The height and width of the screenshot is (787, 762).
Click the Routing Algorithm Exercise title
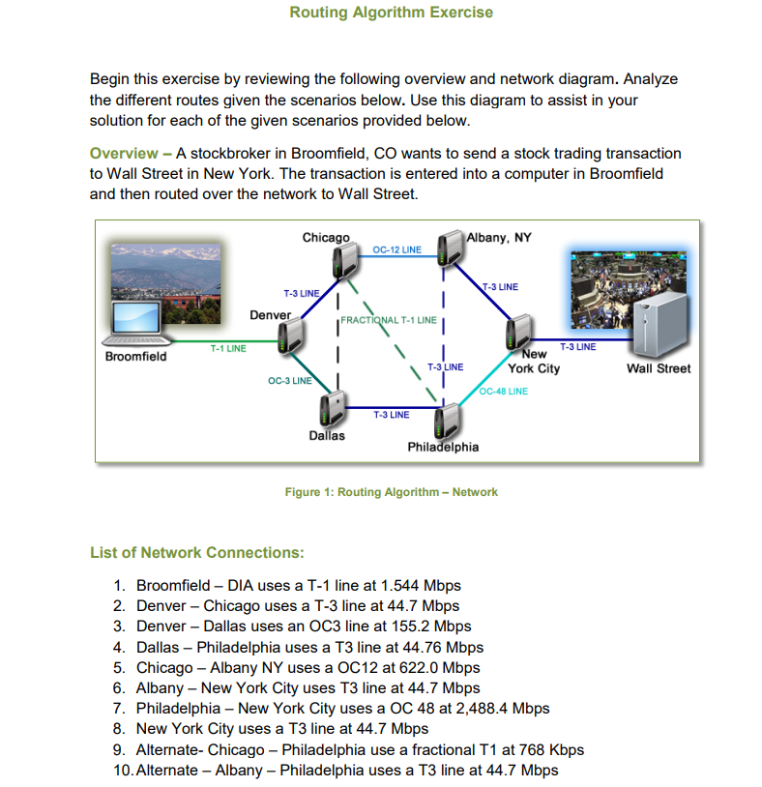(391, 13)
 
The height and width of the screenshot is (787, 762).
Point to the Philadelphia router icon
(446, 419)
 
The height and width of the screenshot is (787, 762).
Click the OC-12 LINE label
(396, 250)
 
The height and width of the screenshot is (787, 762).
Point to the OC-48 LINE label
(505, 392)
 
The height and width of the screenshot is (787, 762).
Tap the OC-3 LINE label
(288, 381)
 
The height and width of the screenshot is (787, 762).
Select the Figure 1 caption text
(391, 492)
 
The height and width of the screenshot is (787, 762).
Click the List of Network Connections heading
(196, 553)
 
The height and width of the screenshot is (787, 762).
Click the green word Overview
(124, 153)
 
